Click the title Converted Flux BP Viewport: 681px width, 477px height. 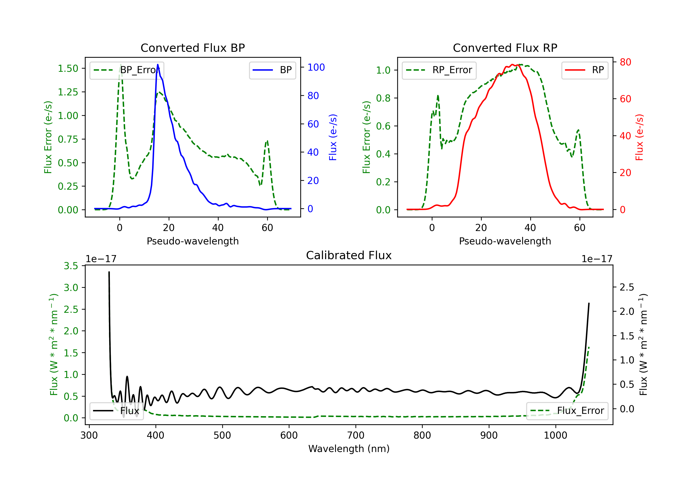(192, 48)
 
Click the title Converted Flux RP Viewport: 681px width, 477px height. (505, 48)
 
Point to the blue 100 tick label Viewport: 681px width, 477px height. (316, 67)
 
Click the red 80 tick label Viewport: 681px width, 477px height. (625, 62)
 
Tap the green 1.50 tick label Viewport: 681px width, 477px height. (68, 69)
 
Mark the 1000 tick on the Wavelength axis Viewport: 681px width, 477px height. (555, 435)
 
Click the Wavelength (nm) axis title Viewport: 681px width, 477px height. (349, 449)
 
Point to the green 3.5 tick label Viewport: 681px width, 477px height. (71, 266)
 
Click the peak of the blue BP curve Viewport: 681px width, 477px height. (158, 65)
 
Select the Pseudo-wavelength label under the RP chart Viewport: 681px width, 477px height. (505, 241)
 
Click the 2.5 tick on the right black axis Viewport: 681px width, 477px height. (627, 287)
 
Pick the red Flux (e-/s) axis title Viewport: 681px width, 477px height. (639, 137)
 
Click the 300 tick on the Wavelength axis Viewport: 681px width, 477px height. (89, 435)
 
